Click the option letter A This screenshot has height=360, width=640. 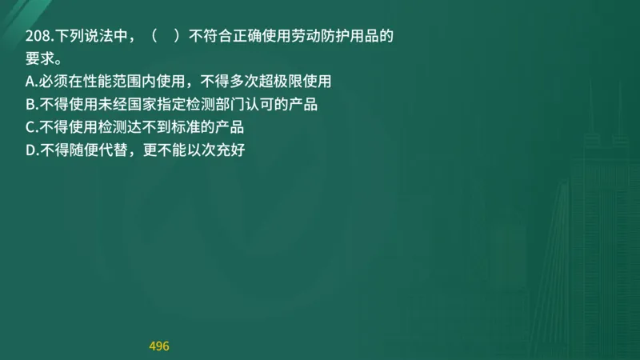point(30,82)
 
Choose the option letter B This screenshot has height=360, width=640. point(30,104)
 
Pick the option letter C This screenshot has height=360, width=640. point(30,126)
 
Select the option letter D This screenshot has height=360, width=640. point(30,149)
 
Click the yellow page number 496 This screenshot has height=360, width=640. point(159,346)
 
